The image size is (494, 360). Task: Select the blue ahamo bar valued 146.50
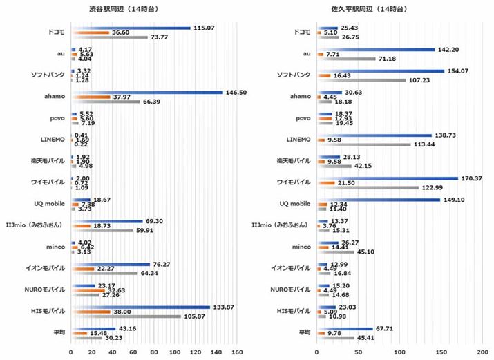coord(147,92)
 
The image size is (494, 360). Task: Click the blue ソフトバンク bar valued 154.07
coord(381,70)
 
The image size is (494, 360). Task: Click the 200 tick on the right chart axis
coord(482,352)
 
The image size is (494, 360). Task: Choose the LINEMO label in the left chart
coord(52,140)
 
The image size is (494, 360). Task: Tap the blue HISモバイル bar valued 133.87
coord(140,306)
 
